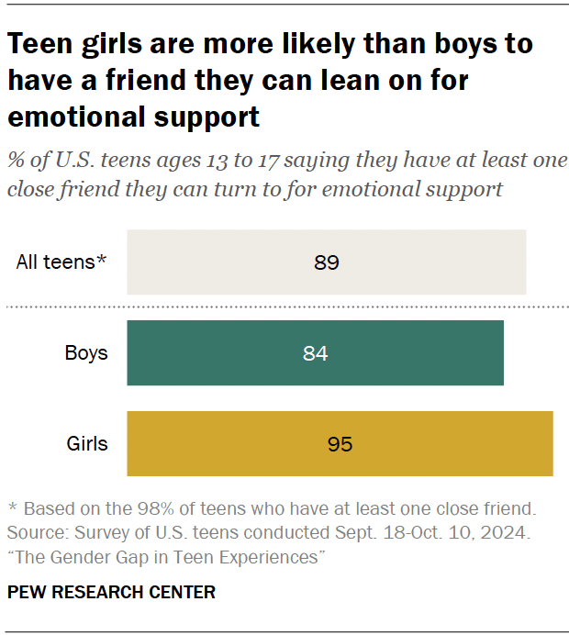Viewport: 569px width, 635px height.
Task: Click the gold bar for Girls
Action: [x=340, y=444]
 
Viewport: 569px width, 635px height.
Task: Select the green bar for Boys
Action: [x=315, y=353]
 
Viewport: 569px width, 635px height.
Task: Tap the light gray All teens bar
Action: [x=326, y=262]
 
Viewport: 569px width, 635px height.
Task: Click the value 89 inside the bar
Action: [x=327, y=262]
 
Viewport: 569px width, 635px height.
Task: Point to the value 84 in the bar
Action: [x=315, y=353]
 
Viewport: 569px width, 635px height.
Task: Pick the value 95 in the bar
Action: [x=340, y=444]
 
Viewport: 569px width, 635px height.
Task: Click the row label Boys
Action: [x=85, y=353]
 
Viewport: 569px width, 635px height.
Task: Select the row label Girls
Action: [x=87, y=444]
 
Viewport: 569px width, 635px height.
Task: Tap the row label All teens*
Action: [x=61, y=262]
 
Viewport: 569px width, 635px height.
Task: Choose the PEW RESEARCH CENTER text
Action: [x=111, y=593]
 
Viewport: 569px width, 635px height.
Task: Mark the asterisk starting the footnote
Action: [x=12, y=508]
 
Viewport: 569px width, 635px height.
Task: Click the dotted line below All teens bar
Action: [x=284, y=307]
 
